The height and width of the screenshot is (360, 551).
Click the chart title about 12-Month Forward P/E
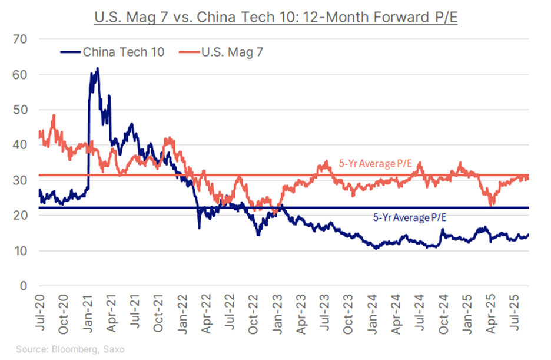[275, 17]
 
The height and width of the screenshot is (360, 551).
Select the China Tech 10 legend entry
[112, 52]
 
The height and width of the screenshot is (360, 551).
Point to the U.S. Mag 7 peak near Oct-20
[54, 115]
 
